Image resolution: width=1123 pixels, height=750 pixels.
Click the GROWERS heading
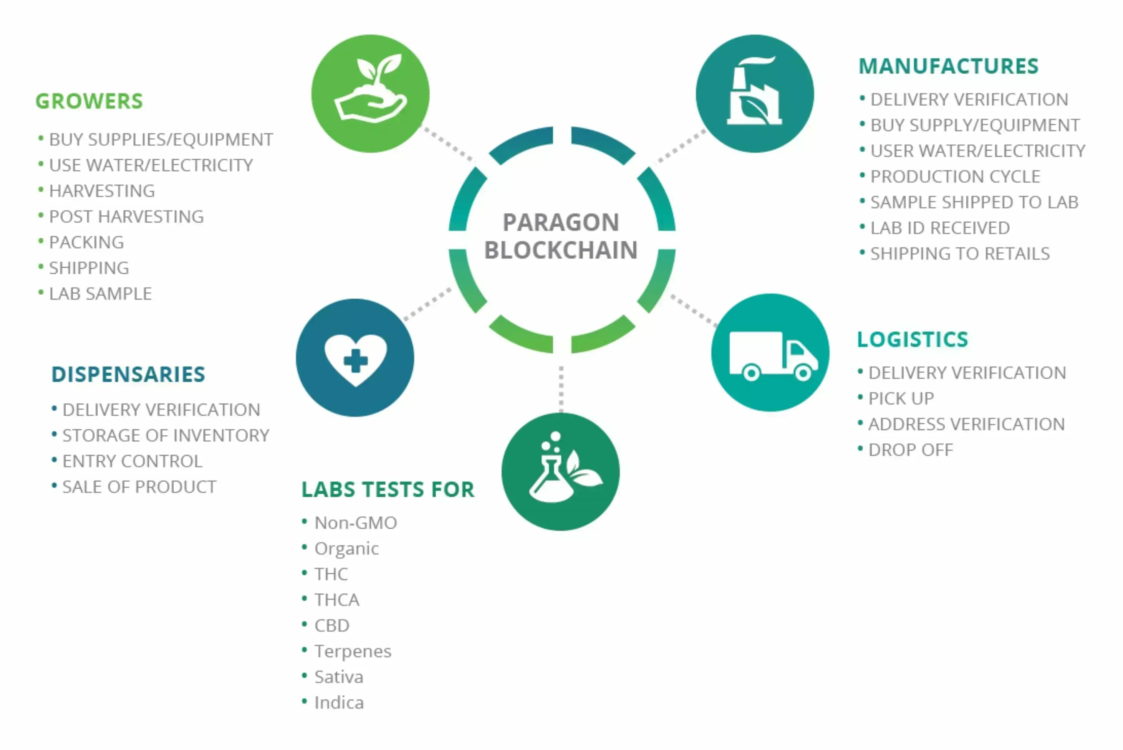coord(89,101)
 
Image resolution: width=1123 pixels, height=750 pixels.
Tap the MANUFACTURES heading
coord(948,66)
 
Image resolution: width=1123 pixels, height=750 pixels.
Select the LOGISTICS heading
coord(913,340)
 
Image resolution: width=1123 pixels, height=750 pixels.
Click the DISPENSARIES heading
coord(128,375)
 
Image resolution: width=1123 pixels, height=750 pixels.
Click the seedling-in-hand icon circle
coord(370,94)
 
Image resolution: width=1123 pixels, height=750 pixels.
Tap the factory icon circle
coord(755,94)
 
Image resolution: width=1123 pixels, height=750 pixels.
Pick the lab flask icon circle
coord(560,472)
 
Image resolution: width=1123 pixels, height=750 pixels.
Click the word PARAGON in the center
coord(561,222)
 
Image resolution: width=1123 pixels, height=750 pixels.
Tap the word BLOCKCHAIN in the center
coord(561,250)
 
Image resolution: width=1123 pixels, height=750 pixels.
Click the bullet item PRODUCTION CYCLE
coord(955,177)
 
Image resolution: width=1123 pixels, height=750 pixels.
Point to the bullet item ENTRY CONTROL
coord(132,461)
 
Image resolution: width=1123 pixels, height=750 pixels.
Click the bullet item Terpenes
coord(353,651)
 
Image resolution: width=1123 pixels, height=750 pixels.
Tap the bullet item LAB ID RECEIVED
coord(940,228)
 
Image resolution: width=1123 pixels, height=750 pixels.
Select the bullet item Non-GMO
coord(356,523)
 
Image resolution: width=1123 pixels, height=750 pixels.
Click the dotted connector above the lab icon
coord(561,388)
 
